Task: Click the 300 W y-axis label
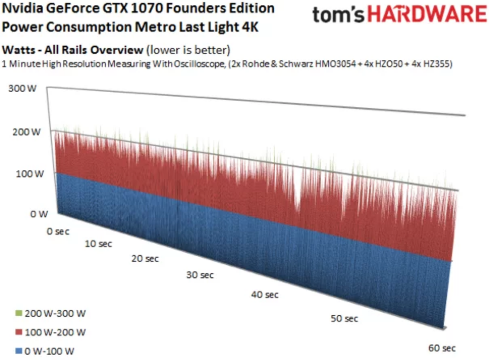tap(23, 89)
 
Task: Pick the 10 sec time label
tap(98, 244)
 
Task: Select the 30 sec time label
tap(200, 275)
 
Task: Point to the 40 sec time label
tap(265, 295)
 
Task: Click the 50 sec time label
tap(344, 319)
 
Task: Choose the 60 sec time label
tap(442, 348)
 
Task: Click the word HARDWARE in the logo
tap(427, 15)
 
